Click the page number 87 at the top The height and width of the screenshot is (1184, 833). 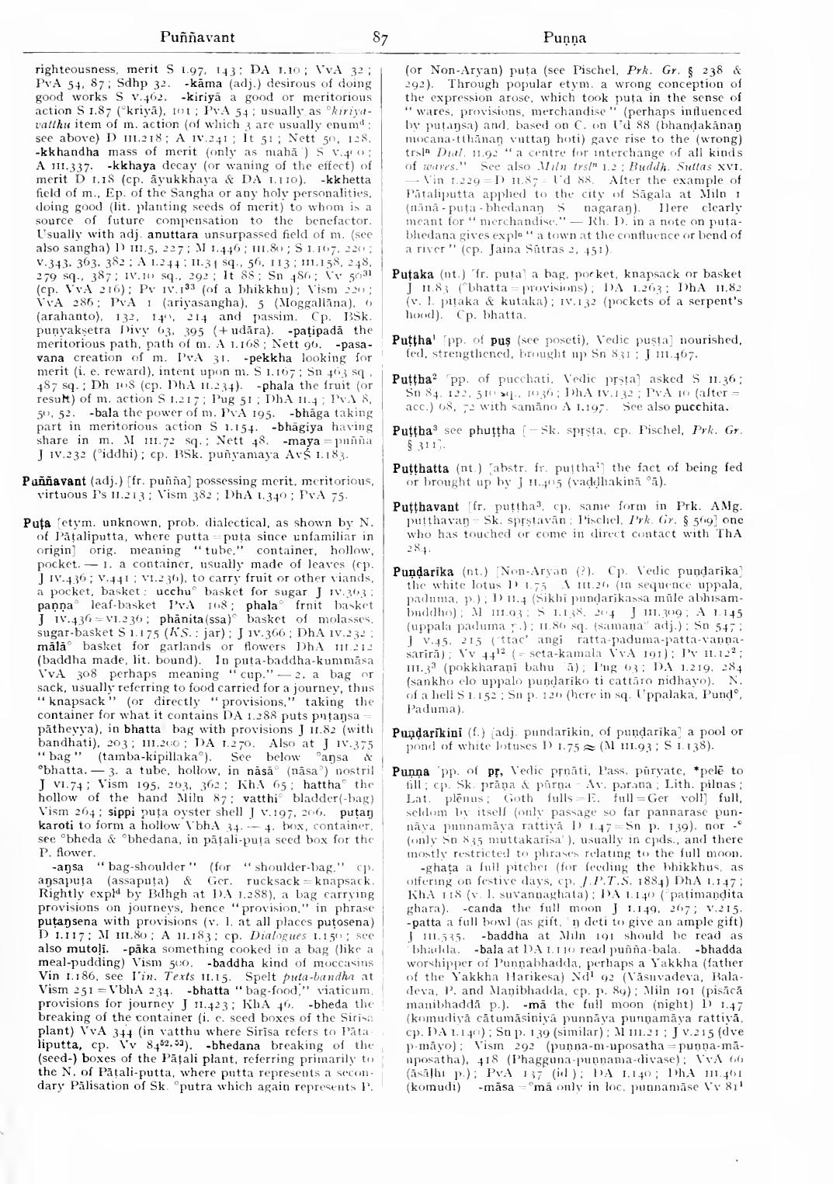(x=380, y=36)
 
